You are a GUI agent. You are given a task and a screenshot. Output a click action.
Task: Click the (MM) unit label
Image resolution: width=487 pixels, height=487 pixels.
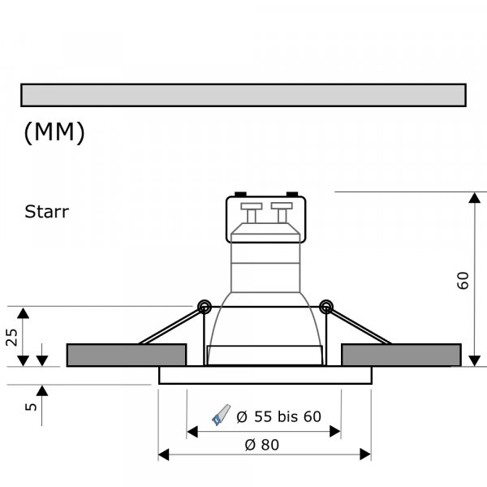pos(54,133)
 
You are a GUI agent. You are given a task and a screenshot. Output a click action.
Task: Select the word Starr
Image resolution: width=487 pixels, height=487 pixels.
pos(47,213)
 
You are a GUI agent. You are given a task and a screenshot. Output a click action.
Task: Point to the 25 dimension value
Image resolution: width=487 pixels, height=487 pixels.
pos(12,338)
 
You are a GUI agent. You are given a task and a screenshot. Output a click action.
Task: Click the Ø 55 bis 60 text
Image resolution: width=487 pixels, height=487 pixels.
pos(278,417)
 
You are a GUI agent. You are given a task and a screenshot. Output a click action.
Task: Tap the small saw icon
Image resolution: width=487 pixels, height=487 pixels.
pos(220,416)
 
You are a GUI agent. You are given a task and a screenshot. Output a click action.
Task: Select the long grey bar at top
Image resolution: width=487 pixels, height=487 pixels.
pos(243,95)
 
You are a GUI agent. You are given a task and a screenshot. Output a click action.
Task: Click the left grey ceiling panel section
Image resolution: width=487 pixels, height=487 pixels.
pos(126,355)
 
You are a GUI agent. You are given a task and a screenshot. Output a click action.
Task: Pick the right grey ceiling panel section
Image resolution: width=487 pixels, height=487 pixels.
pos(401,355)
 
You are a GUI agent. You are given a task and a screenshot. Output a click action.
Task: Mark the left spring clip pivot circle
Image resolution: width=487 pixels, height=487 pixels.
pos(203,306)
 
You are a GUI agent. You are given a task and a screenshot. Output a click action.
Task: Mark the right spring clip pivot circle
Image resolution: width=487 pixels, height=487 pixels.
pos(325,306)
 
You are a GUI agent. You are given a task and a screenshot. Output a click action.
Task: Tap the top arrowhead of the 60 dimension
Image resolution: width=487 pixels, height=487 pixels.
pos(474,199)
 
